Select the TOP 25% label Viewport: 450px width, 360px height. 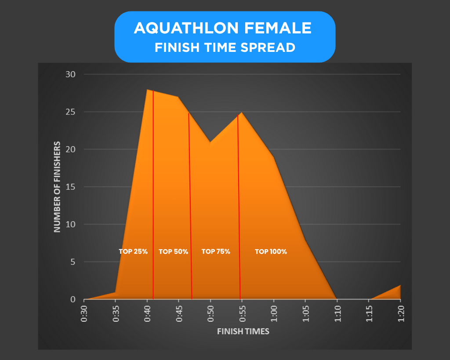pyautogui.click(x=133, y=252)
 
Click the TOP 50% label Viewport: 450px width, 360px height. pyautogui.click(x=173, y=252)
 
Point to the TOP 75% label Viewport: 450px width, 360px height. pyautogui.click(x=216, y=252)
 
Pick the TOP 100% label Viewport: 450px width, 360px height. pyautogui.click(x=271, y=252)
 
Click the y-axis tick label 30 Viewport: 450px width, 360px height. pyautogui.click(x=71, y=74)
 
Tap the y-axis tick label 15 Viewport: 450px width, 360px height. pyautogui.click(x=71, y=187)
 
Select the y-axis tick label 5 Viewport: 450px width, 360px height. pyautogui.click(x=73, y=262)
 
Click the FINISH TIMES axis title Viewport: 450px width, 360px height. pyautogui.click(x=243, y=331)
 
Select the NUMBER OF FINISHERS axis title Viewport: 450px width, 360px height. pyautogui.click(x=57, y=186)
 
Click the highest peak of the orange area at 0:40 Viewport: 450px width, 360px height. pyautogui.click(x=147, y=90)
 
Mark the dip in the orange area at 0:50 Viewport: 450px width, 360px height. pyautogui.click(x=210, y=143)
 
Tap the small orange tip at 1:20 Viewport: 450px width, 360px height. pyautogui.click(x=399, y=286)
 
